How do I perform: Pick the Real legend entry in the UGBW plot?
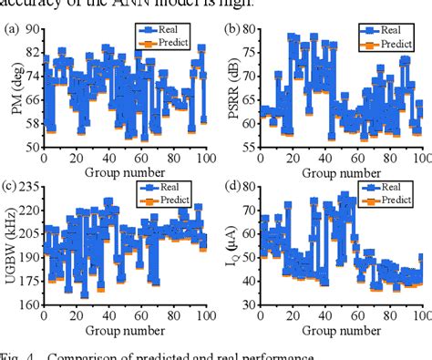[165, 188]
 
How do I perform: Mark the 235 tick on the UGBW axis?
[28, 189]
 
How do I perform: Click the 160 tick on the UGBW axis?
[28, 305]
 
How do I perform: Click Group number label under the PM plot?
[125, 171]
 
